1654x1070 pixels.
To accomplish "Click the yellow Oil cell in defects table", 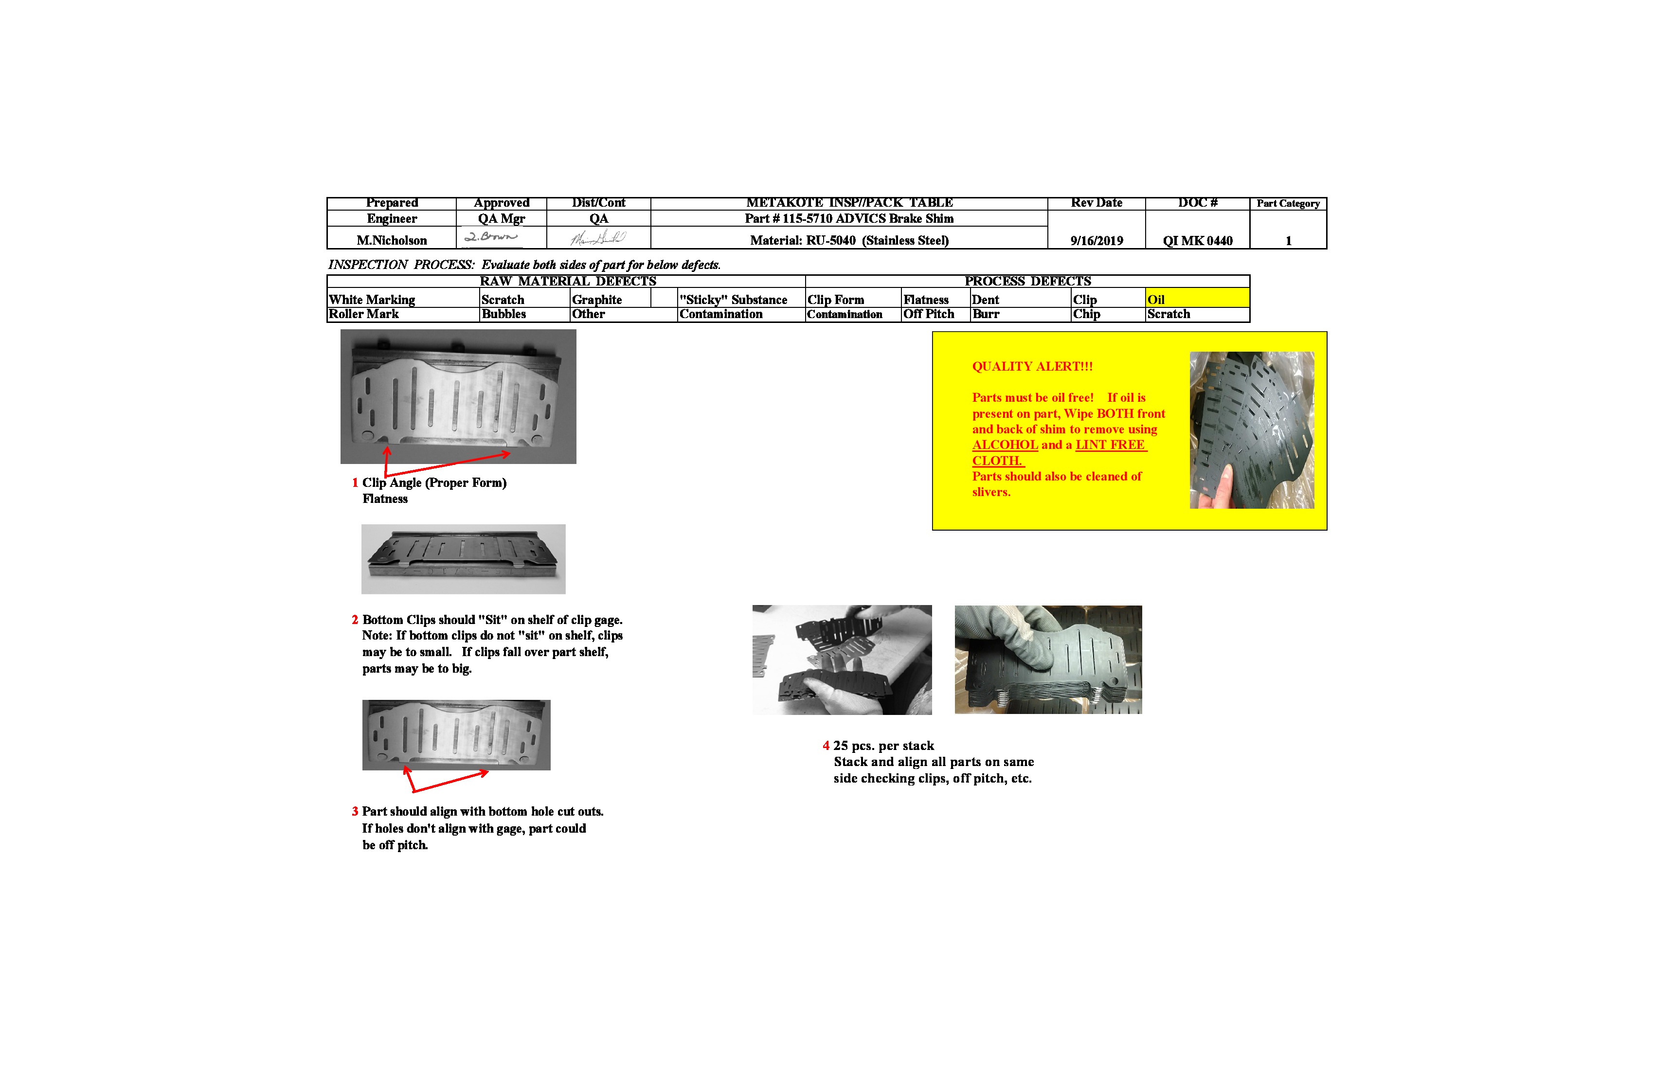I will [1196, 300].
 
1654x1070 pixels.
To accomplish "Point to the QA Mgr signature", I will [492, 237].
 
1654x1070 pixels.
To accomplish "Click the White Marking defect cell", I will [373, 300].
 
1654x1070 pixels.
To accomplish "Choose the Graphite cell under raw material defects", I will [596, 300].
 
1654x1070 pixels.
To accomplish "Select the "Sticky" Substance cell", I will [733, 300].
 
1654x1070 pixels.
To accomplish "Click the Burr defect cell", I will [986, 314].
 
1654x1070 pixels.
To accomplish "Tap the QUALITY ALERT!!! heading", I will [1031, 366].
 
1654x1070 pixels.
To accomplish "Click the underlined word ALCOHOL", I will [1004, 445].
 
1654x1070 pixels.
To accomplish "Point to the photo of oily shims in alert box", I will [1251, 429].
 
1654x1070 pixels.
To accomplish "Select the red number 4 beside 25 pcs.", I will [826, 746].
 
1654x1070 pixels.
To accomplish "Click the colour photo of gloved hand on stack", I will [1047, 660].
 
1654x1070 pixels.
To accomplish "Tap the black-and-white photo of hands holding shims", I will [842, 660].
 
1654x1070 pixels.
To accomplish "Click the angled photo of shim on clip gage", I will [463, 559].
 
